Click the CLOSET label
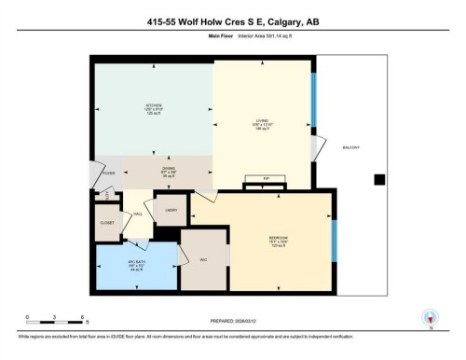[106, 223]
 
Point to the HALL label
[137, 215]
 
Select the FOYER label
[107, 173]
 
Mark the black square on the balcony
[378, 179]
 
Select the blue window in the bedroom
[334, 237]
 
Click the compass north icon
[429, 317]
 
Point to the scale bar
[56, 324]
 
